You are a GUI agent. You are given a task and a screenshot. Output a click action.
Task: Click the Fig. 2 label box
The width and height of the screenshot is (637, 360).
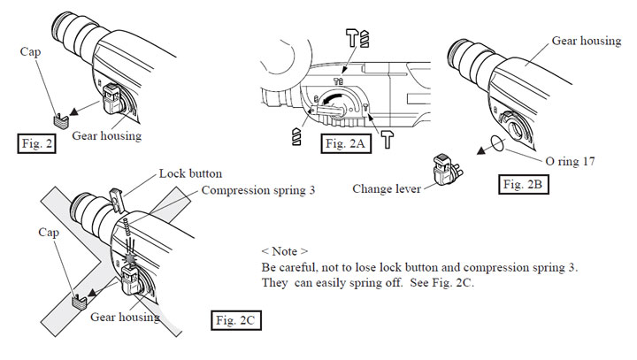[36, 143]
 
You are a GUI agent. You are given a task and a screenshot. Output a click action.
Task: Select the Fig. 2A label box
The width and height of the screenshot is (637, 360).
[346, 143]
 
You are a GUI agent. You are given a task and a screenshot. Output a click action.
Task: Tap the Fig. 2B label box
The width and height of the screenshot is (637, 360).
[523, 184]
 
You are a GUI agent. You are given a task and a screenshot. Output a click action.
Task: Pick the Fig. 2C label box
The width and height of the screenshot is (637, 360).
[235, 320]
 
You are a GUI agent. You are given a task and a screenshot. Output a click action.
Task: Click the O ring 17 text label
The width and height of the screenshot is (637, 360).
[570, 161]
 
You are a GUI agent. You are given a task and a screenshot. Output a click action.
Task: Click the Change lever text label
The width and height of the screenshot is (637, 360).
[387, 189]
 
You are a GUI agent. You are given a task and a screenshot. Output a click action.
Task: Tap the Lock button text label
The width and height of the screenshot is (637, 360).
[190, 173]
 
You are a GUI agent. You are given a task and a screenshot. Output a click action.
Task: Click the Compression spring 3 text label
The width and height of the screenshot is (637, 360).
[258, 190]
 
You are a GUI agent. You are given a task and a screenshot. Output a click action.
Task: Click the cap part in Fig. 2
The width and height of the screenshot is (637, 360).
[61, 121]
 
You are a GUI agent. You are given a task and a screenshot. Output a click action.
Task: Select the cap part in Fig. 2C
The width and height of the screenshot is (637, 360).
[80, 302]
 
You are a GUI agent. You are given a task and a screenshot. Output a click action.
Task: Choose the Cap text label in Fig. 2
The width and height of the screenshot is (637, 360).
[30, 51]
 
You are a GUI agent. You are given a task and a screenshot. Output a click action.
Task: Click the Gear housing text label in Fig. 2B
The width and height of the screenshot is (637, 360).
[587, 41]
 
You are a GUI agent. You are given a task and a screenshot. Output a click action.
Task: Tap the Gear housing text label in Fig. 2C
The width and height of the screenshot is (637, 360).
[125, 317]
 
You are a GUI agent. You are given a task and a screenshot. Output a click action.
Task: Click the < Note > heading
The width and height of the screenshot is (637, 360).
[284, 251]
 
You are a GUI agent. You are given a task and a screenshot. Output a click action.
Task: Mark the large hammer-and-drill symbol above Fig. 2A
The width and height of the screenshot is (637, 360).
[357, 38]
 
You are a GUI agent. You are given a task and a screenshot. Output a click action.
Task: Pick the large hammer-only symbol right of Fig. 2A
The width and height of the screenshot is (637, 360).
[388, 140]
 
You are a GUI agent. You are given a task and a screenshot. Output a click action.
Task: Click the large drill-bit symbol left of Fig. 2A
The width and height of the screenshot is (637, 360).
[296, 136]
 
